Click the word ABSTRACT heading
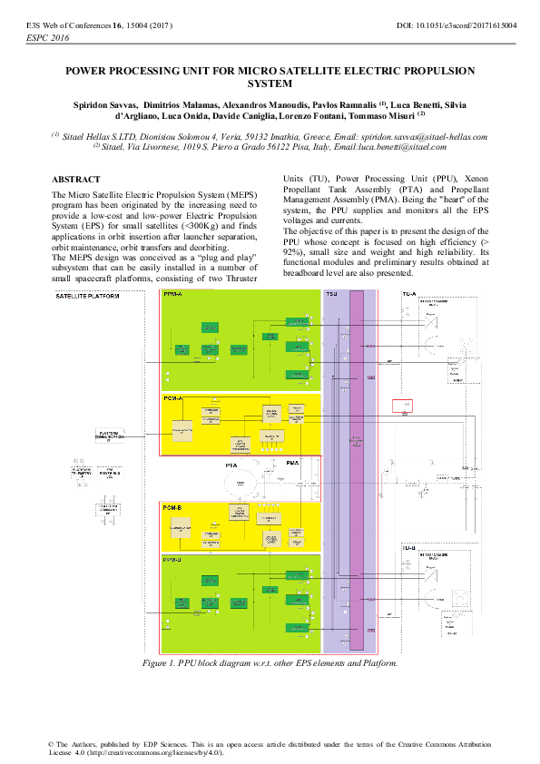point(76,180)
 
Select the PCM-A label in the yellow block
point(172,398)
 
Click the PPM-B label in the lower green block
point(172,560)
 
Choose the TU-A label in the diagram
point(408,294)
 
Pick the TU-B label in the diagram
point(408,549)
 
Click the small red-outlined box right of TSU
point(401,405)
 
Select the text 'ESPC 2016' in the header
point(45,40)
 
